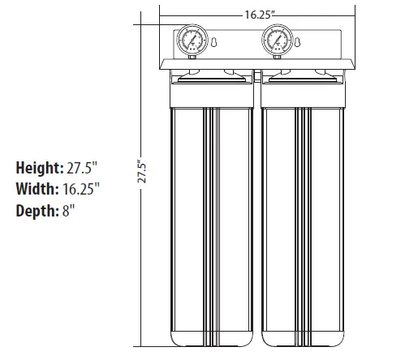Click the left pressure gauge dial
[x=192, y=40]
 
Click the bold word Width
[x=34, y=190]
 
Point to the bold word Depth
[x=35, y=212]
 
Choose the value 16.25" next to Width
[x=81, y=190]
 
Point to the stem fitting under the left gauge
[x=192, y=57]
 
